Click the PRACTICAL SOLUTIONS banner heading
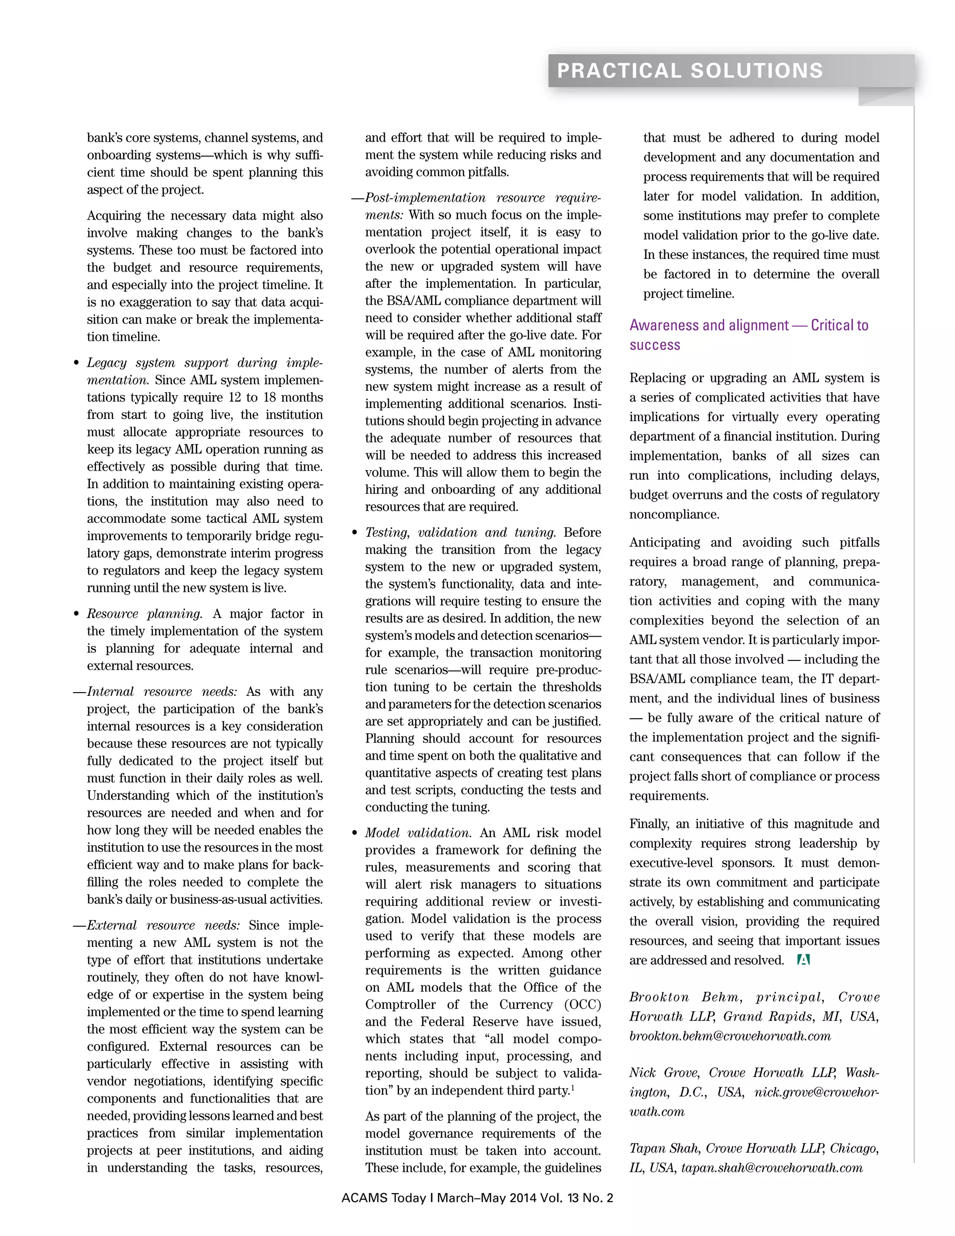pyautogui.click(x=690, y=71)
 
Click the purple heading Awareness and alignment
pyautogui.click(x=748, y=326)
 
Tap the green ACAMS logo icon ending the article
pyautogui.click(x=803, y=960)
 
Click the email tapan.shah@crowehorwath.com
pyautogui.click(x=772, y=1168)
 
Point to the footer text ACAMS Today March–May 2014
pyautogui.click(x=477, y=1197)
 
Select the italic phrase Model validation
pyautogui.click(x=417, y=833)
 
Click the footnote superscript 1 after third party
pyautogui.click(x=573, y=1087)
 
